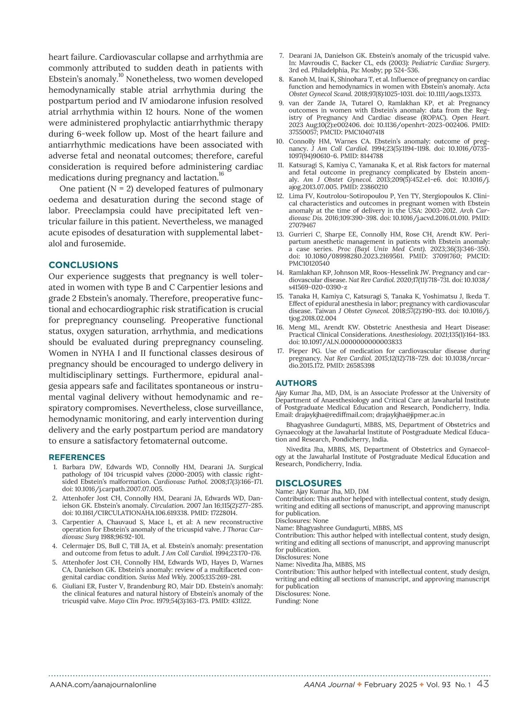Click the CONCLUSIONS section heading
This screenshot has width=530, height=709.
[83, 265]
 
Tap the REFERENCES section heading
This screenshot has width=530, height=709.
[77, 457]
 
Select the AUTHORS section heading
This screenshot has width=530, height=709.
[296, 383]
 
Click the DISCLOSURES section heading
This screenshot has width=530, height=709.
[308, 483]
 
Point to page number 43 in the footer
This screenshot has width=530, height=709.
[483, 684]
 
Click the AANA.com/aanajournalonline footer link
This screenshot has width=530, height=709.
[102, 685]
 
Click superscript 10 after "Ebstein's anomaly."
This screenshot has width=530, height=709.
[121, 76]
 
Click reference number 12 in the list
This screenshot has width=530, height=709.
[280, 196]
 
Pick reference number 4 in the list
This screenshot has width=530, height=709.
[55, 546]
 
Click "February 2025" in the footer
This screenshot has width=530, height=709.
[390, 685]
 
